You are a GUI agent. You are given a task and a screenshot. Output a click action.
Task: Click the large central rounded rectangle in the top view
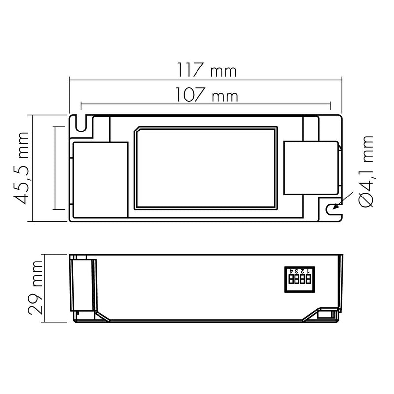coord(206,167)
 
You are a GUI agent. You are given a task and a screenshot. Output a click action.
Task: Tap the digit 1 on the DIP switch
coord(309,271)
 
